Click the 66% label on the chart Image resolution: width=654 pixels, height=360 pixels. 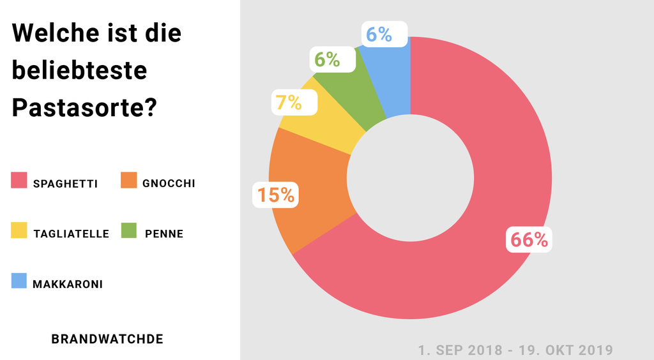(529, 239)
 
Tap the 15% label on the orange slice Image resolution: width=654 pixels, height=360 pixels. (276, 194)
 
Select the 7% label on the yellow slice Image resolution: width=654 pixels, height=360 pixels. (294, 101)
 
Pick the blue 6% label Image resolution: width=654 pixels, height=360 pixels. (385, 33)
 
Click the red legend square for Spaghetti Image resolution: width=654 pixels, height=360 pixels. (19, 181)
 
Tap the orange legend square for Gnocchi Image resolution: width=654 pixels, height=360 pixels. (129, 181)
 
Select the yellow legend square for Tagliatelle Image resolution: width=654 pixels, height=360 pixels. (19, 230)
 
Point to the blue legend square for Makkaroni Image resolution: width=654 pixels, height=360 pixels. (19, 281)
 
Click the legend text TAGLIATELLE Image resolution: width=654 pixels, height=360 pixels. (71, 234)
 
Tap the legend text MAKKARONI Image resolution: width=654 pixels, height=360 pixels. (68, 284)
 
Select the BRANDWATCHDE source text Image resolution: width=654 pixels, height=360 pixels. (107, 339)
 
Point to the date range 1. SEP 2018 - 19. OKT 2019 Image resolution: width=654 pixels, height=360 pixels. (515, 350)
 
